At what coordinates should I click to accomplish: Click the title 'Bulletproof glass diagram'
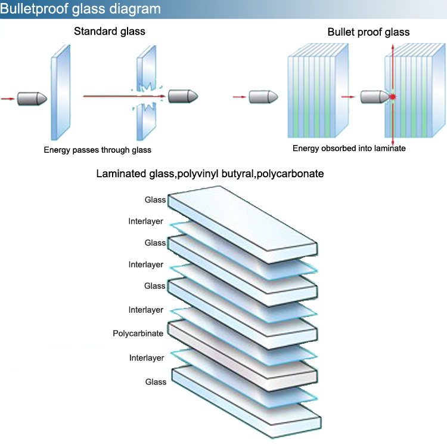click(x=80, y=9)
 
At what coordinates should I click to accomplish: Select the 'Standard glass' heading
click(x=110, y=31)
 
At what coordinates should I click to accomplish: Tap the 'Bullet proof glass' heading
click(x=368, y=32)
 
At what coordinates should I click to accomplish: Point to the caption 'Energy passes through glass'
click(x=97, y=150)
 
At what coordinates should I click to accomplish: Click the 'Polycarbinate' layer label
click(x=138, y=334)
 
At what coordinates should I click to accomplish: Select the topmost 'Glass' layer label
click(x=155, y=200)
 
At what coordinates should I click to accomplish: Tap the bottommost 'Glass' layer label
click(x=156, y=381)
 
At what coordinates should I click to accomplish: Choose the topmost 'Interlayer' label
click(x=146, y=221)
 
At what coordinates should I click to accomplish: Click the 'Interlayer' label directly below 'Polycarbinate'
click(x=146, y=358)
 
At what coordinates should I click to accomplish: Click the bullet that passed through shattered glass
click(x=182, y=95)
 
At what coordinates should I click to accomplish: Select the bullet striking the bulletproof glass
click(x=374, y=96)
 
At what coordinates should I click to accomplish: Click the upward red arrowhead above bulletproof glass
click(x=392, y=45)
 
